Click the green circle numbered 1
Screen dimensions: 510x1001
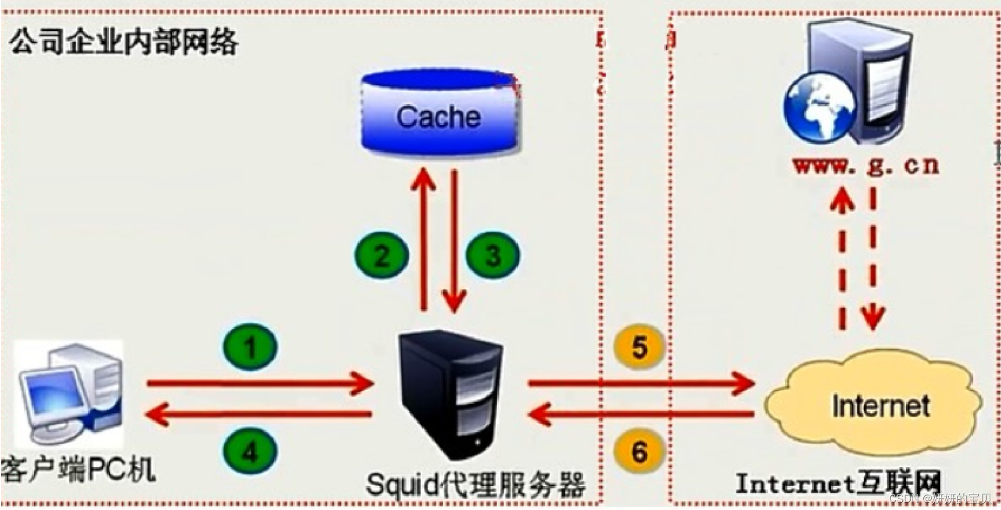(251, 347)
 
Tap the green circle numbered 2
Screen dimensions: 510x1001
(382, 255)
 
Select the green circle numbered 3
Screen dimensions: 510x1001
(493, 255)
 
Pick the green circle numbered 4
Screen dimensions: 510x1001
(251, 451)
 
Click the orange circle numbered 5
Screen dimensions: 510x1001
(639, 347)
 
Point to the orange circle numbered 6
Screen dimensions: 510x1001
(639, 451)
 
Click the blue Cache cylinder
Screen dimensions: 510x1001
(440, 114)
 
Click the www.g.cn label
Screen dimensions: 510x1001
(866, 166)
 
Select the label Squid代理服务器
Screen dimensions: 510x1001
(475, 484)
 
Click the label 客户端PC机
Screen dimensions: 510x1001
(78, 469)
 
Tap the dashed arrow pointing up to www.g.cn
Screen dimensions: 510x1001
(843, 257)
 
